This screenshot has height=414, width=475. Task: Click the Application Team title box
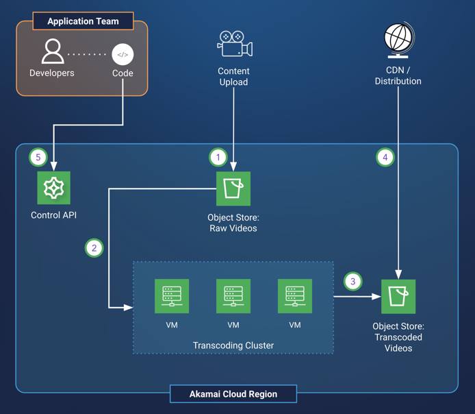tap(82, 21)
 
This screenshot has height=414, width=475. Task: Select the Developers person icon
tap(52, 52)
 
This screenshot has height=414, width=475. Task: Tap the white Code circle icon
tap(123, 54)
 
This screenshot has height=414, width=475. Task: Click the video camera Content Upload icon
tap(234, 45)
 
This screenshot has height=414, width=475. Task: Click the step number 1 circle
tap(218, 157)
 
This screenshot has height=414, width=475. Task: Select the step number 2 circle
tap(94, 247)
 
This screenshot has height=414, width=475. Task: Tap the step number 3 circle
tap(352, 281)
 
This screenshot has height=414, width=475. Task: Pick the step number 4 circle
tap(385, 157)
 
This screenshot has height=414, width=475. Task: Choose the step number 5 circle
tap(38, 157)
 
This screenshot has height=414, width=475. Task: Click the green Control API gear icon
tap(54, 188)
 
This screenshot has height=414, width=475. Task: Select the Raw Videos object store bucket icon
tap(233, 188)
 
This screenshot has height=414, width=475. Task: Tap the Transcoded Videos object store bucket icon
tap(398, 296)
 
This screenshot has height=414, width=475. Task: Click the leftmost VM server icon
tap(172, 296)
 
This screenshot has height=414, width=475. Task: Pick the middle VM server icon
tap(233, 296)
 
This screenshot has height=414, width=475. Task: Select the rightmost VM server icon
tap(295, 296)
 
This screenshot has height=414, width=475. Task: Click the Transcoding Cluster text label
tap(233, 345)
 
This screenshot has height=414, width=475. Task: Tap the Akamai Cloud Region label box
tap(233, 394)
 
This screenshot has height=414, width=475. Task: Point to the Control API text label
tap(54, 215)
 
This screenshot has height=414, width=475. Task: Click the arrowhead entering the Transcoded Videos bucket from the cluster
tap(377, 297)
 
